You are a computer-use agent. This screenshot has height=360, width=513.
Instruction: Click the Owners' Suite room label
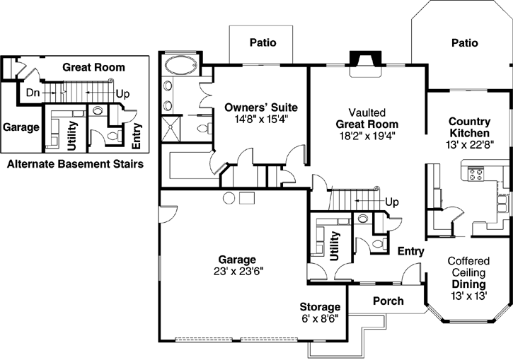click(260, 108)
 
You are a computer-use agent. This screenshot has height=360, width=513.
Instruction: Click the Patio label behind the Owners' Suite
click(263, 43)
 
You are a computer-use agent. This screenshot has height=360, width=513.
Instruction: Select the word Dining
click(468, 284)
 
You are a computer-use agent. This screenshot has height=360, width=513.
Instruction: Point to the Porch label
click(388, 301)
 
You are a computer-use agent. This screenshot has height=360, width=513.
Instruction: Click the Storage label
click(320, 307)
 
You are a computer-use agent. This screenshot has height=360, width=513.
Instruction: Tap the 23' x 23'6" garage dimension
click(237, 270)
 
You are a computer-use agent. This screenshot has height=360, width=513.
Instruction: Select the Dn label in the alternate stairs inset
click(33, 92)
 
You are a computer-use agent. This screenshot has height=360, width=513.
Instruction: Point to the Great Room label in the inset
click(93, 68)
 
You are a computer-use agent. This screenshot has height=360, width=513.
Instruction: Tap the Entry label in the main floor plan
click(410, 251)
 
